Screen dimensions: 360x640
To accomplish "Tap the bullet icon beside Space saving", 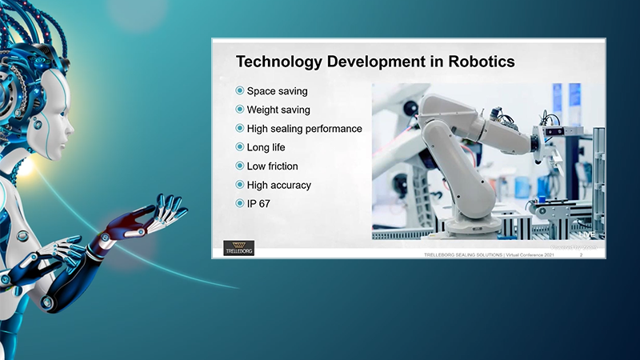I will [240, 91].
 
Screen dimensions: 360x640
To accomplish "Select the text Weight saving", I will [278, 110].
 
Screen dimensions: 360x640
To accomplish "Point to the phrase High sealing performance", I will [305, 129].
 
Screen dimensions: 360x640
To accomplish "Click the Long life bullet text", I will [266, 147].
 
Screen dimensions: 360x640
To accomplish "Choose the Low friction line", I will [273, 166].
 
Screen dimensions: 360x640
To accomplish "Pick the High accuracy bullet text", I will [279, 185].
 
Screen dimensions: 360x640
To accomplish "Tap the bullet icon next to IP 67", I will [240, 204].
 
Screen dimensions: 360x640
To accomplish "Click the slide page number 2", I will [580, 254].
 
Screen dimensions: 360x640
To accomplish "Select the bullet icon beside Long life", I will [240, 147].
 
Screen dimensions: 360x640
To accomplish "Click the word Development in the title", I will [376, 61].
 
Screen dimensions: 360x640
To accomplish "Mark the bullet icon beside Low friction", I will [240, 166].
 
